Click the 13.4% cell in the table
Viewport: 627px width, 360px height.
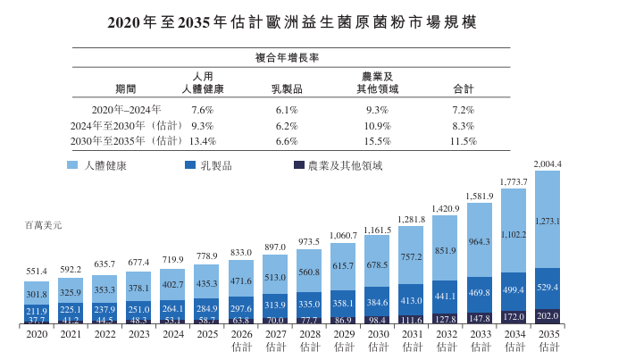[202, 141]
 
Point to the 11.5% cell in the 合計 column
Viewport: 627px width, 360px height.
[463, 141]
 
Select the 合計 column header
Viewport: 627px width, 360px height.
[463, 89]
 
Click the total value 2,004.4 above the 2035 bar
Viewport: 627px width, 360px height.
[547, 163]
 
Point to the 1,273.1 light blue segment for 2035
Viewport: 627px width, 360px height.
[547, 220]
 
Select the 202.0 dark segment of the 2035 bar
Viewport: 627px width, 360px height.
[547, 315]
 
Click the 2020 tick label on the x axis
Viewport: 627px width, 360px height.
[37, 334]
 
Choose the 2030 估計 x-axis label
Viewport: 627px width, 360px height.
[377, 339]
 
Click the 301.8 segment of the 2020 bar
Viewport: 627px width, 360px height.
[37, 293]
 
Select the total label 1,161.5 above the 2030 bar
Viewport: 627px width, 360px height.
[377, 230]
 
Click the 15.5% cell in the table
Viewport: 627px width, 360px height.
[377, 141]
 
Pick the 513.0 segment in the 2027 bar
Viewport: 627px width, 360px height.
[275, 277]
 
